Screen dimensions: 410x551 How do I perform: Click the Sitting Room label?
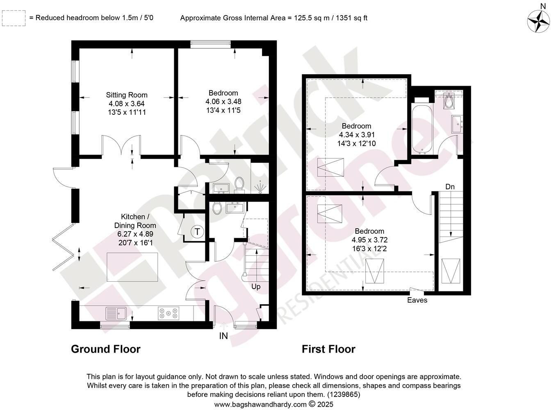point(127,95)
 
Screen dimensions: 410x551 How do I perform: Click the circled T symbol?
point(197,232)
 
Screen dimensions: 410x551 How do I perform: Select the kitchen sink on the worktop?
point(116,314)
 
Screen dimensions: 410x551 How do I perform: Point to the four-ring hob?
point(169,314)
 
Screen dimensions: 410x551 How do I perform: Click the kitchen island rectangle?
point(132,267)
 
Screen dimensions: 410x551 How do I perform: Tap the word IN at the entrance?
point(223,336)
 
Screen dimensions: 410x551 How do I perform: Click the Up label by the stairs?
point(256,287)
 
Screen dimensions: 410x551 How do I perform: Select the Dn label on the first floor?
point(450,187)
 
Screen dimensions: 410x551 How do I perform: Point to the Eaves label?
point(417,300)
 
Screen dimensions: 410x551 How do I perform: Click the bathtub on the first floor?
point(421,130)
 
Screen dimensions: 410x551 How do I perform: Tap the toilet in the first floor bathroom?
point(449,100)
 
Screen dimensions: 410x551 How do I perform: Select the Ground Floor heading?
point(106,349)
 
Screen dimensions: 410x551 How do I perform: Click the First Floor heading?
point(328,349)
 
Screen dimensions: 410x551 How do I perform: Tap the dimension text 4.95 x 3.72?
point(369,240)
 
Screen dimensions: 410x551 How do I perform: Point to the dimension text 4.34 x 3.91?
point(357,134)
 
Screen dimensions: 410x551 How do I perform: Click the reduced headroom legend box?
point(14,18)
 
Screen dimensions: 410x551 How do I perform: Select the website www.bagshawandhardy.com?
point(260,404)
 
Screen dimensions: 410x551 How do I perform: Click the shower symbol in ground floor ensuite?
point(260,187)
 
